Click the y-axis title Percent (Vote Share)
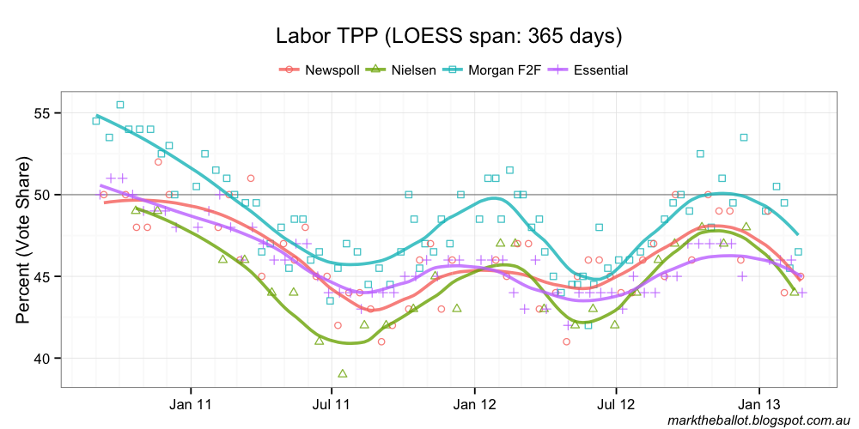(x=23, y=240)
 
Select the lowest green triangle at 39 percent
(x=343, y=373)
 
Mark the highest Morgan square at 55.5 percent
(x=120, y=105)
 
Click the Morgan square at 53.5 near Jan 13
(x=744, y=137)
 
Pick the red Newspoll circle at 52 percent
(x=159, y=161)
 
